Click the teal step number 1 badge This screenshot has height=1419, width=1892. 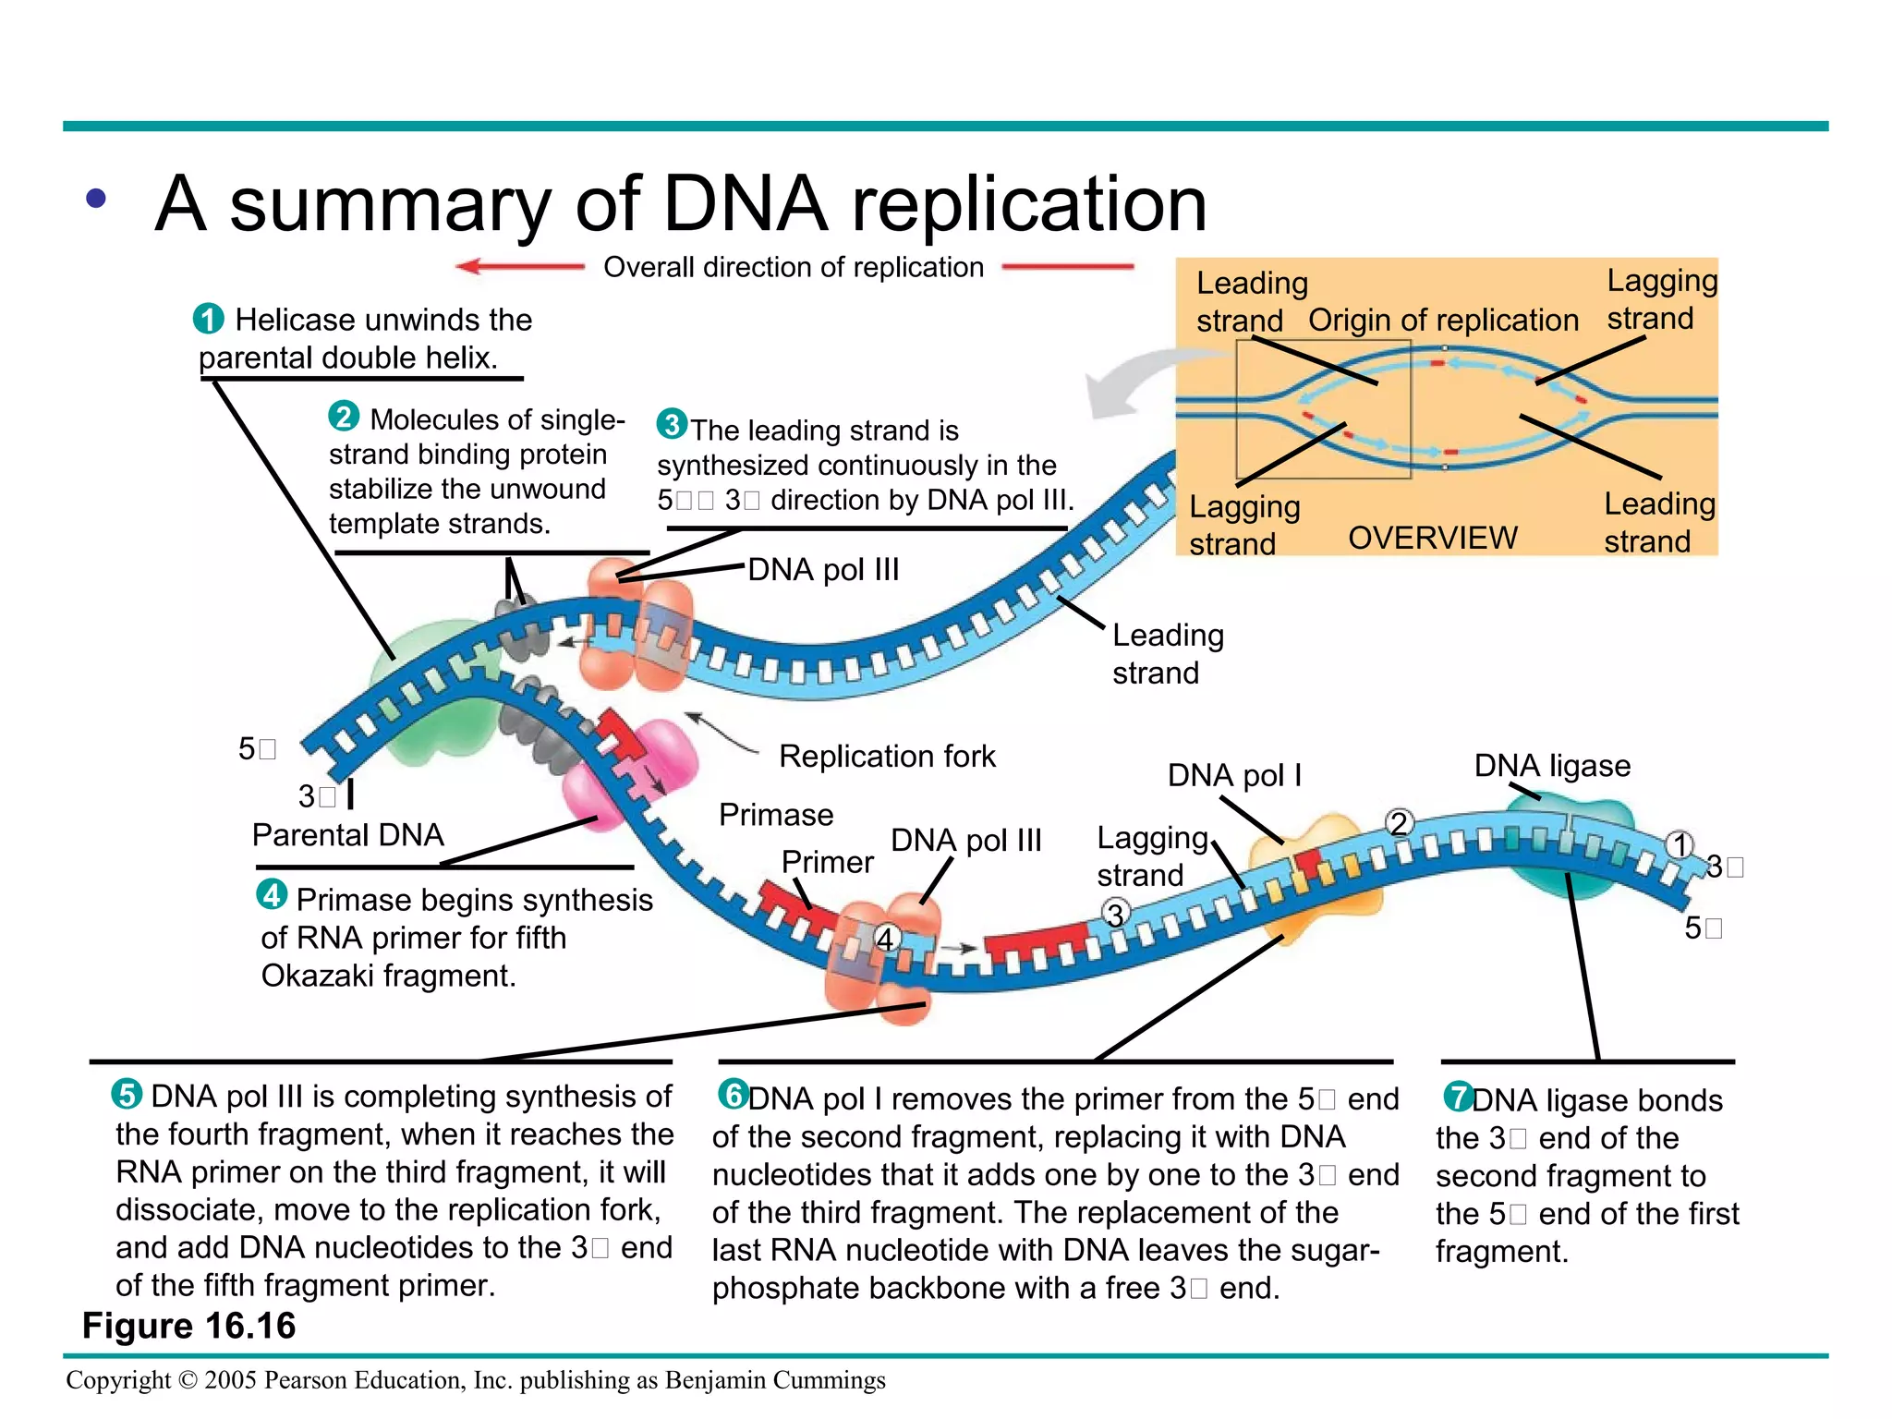coord(209,319)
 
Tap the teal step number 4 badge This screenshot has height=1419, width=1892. coord(272,894)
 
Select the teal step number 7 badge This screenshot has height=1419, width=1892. coord(1459,1097)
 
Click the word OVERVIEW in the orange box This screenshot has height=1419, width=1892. coord(1433,538)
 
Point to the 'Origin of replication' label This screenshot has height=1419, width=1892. coord(1443,320)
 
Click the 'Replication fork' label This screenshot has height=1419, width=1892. coord(887,756)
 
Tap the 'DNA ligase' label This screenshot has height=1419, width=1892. coord(1552,765)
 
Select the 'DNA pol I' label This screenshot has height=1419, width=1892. coord(1234,774)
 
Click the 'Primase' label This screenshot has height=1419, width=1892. coord(776,814)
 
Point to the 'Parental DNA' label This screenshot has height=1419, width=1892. coord(347,834)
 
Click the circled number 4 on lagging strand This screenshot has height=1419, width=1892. coord(886,939)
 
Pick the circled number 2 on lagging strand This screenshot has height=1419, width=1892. coord(1400,822)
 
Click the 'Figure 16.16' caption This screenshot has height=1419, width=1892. coord(188,1325)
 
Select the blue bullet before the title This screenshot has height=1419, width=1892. coord(96,198)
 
